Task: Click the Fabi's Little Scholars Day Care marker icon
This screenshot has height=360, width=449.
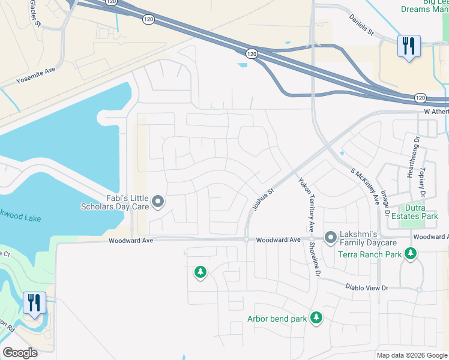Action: tap(158, 202)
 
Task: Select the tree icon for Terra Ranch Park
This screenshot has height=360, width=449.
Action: tap(411, 254)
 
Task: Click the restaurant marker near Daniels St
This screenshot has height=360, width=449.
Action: tap(408, 46)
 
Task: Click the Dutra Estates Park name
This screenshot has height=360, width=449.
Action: tap(415, 212)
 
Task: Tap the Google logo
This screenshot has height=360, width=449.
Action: tap(20, 353)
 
